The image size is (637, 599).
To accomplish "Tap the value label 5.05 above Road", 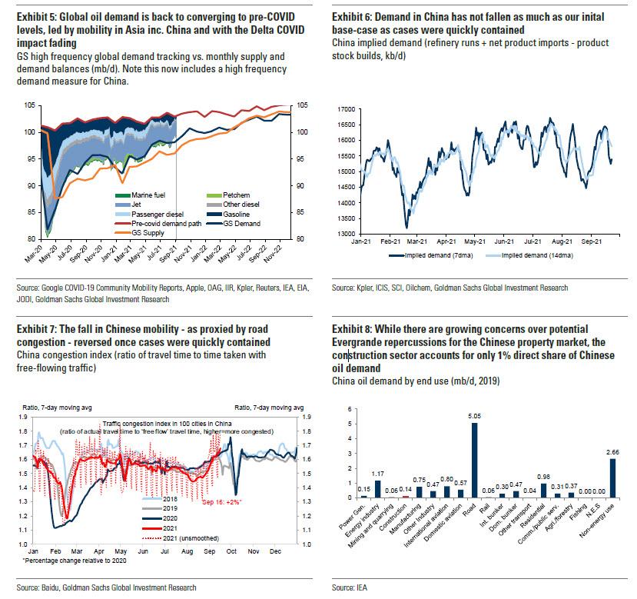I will tap(474, 416).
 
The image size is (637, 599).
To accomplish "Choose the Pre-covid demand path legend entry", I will tap(159, 224).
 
